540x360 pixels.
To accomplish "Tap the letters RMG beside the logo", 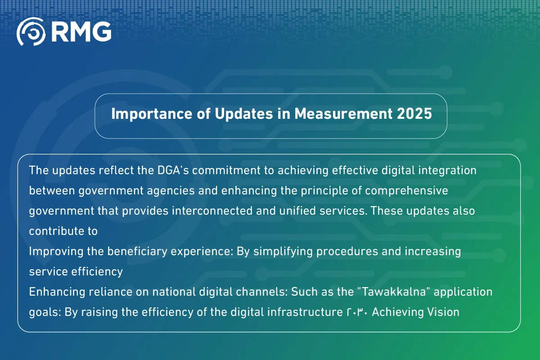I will (81, 31).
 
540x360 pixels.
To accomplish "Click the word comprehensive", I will (406, 190).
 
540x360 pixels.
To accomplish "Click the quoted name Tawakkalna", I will (402, 292).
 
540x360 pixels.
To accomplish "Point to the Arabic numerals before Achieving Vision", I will (354, 311).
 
